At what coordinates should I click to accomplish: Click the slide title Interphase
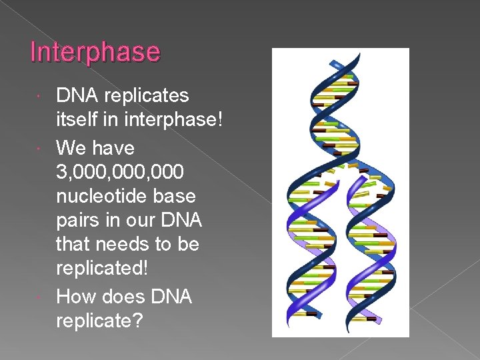tap(95, 52)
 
